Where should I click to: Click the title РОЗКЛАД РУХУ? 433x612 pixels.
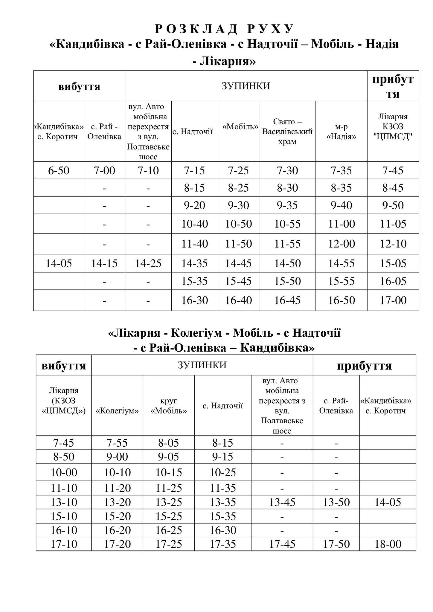[x=224, y=29]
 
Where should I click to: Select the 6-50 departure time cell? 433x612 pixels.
[x=59, y=171]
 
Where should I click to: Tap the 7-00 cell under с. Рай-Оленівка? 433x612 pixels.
[x=104, y=171]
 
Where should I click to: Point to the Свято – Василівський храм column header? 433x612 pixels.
[x=287, y=132]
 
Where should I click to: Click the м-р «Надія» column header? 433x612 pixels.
[x=341, y=132]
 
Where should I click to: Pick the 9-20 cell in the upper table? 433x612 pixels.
[x=194, y=205]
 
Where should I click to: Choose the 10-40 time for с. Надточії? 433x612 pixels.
[x=194, y=224]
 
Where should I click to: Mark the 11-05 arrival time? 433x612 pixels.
[x=393, y=224]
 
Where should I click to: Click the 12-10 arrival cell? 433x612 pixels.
[x=393, y=244]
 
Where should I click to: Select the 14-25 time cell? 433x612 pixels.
[x=148, y=263]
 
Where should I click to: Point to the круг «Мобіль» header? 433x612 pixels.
[x=169, y=406]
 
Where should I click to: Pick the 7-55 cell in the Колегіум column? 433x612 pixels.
[x=117, y=443]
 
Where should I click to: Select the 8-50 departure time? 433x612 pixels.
[x=64, y=457]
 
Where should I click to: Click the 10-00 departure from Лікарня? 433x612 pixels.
[x=64, y=472]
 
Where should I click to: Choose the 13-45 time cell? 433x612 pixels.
[x=282, y=502]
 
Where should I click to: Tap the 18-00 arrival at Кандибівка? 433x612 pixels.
[x=388, y=544]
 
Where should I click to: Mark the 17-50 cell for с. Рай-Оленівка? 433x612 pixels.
[x=336, y=544]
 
